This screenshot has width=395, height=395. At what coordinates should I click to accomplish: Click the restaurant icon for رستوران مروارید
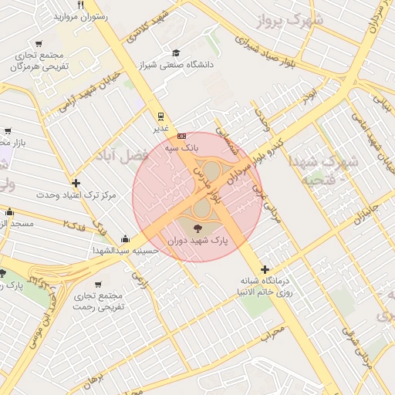80,5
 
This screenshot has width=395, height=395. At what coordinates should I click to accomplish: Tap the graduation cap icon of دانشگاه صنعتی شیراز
177,53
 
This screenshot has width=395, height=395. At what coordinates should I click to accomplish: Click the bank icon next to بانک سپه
181,136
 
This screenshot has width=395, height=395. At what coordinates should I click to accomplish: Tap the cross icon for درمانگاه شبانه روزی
265,269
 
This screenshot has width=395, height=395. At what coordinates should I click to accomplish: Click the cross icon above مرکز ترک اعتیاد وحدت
76,183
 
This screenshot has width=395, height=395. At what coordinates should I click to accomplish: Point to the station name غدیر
160,129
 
